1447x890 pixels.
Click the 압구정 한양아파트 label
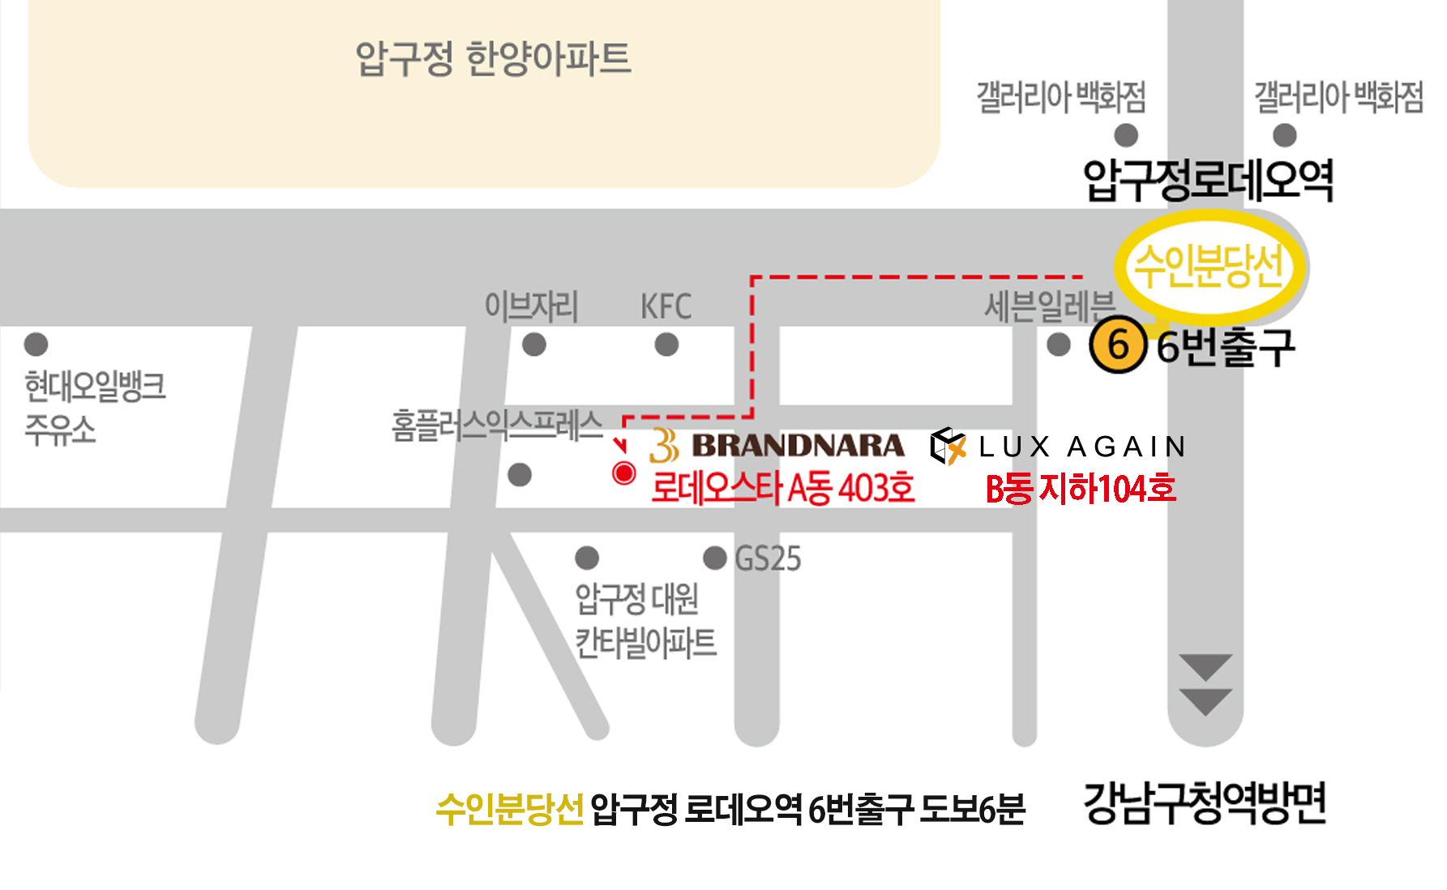(493, 58)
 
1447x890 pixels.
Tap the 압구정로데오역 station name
(1208, 180)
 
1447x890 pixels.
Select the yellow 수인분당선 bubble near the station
(1209, 266)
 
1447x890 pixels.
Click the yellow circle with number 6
(1118, 345)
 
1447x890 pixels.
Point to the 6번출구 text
(1225, 347)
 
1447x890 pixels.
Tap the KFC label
(666, 307)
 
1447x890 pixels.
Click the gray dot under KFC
(666, 345)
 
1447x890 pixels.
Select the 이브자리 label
(531, 307)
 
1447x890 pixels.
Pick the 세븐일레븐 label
(1049, 307)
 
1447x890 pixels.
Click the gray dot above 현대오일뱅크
(36, 344)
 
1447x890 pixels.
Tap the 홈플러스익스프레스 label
(497, 426)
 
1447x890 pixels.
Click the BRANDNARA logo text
(798, 446)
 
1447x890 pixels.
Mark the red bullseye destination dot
(623, 473)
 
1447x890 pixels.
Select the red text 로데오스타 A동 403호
(783, 488)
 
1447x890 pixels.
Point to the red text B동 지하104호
(1081, 489)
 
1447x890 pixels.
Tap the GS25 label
(767, 558)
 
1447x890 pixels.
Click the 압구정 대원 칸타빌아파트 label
(645, 621)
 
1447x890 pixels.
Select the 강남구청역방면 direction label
(1205, 803)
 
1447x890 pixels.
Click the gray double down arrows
(1205, 685)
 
